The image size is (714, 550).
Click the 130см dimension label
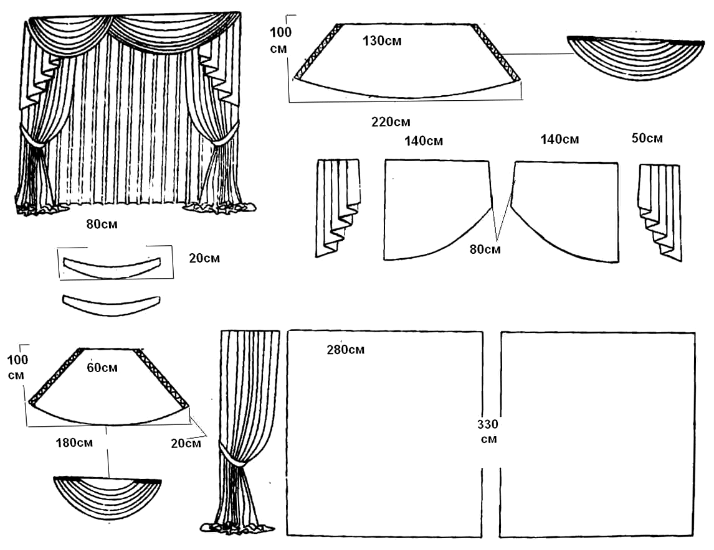[382, 41]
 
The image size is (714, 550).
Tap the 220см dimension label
[391, 122]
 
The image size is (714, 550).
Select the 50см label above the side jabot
[647, 138]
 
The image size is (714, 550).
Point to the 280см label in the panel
[345, 350]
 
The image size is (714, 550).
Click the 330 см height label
[488, 431]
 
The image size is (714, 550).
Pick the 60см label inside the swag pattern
[102, 368]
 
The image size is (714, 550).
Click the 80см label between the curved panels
[485, 249]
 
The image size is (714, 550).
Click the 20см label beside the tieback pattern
[204, 258]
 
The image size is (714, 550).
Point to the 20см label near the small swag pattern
[186, 443]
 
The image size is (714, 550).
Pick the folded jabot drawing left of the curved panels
[337, 205]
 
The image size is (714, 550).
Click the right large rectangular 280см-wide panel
[597, 433]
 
